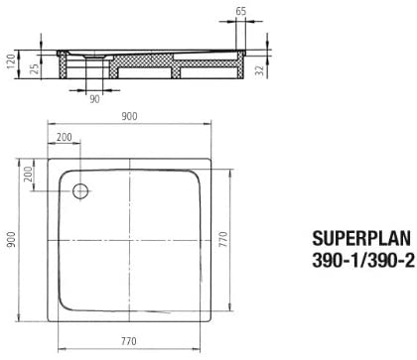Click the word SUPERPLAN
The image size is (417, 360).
361,238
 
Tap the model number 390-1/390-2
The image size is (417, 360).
363,261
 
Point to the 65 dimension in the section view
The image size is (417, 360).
241,11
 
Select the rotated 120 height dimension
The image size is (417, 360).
11,61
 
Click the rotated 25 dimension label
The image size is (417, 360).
35,68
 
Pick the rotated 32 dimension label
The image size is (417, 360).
260,70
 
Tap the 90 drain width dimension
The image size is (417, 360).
94,98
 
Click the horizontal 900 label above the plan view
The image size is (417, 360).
129,116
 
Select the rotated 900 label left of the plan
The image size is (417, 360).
11,240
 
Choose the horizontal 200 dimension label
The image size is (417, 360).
65,137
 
